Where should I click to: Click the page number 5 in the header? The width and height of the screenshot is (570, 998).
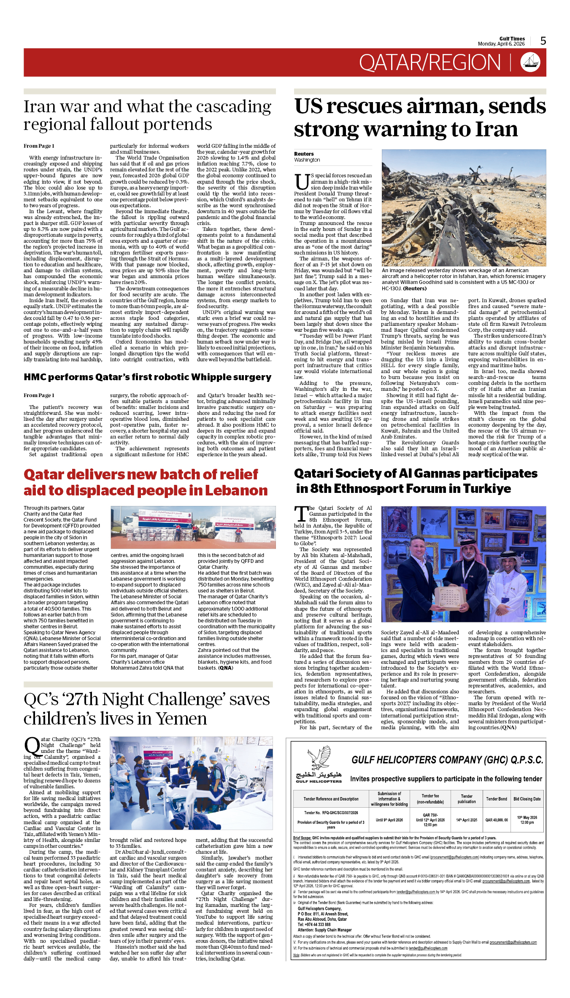pos(543,41)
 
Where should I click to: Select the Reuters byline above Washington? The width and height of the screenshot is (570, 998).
pos(304,154)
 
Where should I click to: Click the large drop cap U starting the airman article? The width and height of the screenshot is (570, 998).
pos(302,182)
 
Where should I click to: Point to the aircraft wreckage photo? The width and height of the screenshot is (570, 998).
pos(464,208)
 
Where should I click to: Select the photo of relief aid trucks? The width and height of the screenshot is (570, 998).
pos(193,527)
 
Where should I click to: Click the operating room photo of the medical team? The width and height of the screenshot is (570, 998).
pos(191,784)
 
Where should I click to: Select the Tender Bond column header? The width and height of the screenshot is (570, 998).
pos(497,799)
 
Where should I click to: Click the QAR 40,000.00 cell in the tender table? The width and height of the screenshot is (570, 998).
pos(497,820)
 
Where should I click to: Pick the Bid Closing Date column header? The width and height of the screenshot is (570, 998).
pos(527,799)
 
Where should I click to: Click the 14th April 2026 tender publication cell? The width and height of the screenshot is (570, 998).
pos(467,820)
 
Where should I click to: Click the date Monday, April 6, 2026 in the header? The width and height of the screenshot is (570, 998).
pos(501,44)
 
